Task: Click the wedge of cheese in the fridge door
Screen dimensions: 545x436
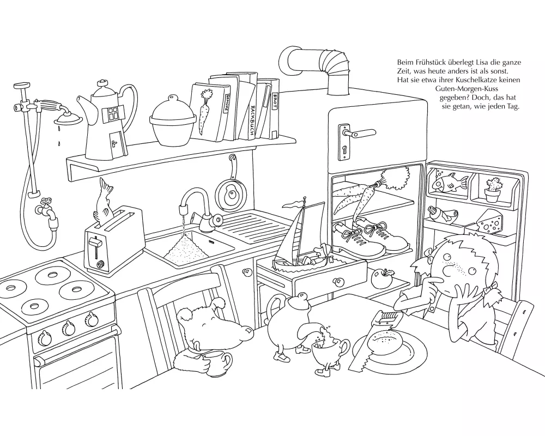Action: [x=490, y=222]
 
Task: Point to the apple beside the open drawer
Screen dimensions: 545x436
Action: [x=381, y=278]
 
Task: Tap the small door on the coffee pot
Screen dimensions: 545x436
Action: [x=114, y=143]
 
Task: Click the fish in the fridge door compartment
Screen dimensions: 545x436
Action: [x=450, y=182]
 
